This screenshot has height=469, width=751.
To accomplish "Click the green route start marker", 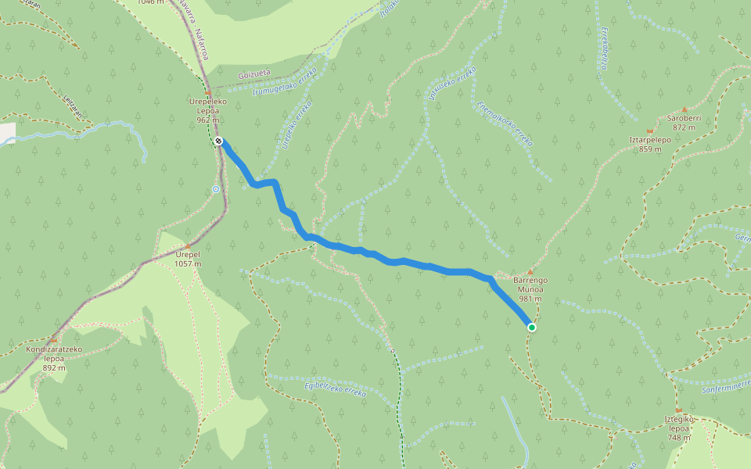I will coord(531,328).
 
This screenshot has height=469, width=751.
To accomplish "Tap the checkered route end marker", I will coord(219,141).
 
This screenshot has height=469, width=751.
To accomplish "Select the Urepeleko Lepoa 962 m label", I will coord(207,111).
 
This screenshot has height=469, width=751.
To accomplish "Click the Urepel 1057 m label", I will coord(188,259).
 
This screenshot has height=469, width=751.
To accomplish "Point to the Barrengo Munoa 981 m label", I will coord(530,288).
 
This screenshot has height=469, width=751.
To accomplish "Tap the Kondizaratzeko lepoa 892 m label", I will coord(54,358).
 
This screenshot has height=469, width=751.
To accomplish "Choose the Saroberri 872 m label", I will coord(685,122).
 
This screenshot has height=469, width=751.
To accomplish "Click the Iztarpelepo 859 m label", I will coord(650,144).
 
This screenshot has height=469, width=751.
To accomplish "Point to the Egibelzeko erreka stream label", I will coord(334,388).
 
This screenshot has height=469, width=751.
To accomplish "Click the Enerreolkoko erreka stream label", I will coord(504,124).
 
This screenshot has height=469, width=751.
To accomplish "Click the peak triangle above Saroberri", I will coord(685,109).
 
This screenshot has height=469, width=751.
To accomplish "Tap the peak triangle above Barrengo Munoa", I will coord(530,272).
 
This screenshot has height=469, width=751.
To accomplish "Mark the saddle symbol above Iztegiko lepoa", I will coord(678,410).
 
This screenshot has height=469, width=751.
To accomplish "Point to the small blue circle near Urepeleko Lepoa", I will coord(215,188).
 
